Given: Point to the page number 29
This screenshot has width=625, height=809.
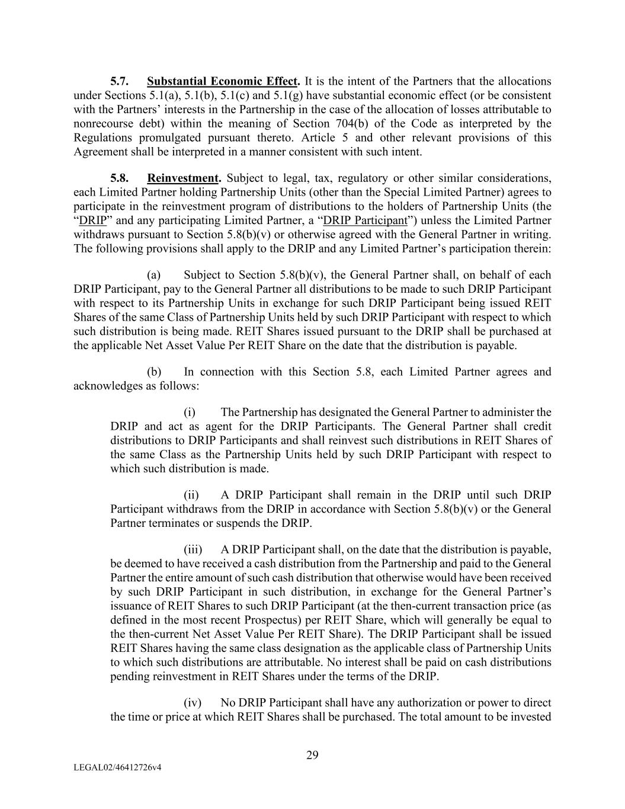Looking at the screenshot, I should [312, 755].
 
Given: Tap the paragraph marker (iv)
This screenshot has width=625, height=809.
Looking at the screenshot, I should [193, 703].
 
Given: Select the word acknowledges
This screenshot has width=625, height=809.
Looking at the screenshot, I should [102, 386].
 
